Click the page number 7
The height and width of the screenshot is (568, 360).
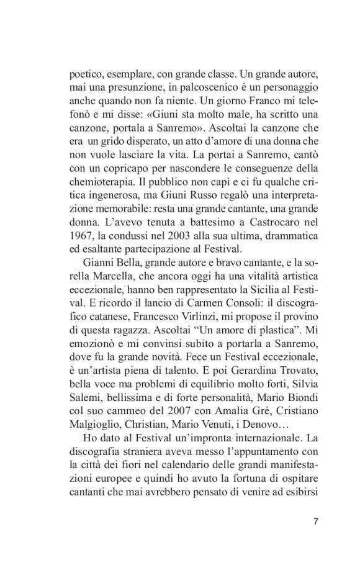tap(315, 520)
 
